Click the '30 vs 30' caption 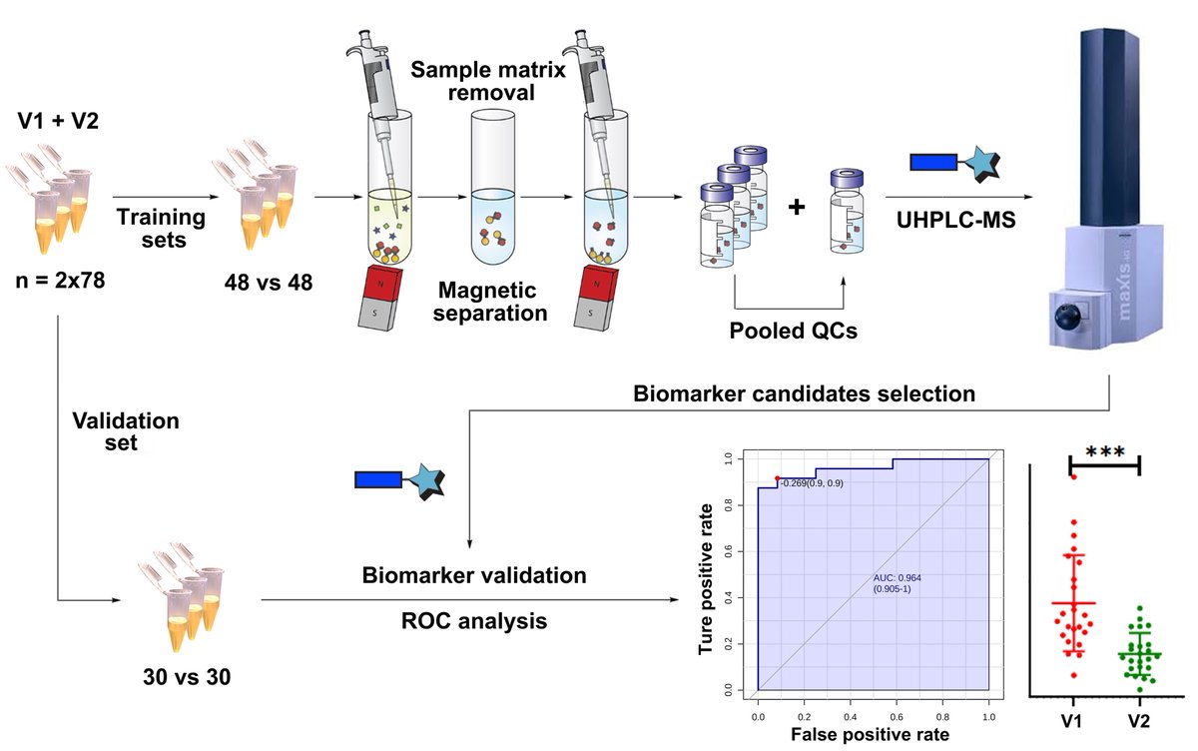[x=186, y=676]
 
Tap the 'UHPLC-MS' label [x=955, y=220]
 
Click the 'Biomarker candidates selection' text [x=804, y=394]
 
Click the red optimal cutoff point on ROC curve [x=777, y=479]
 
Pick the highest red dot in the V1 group [x=1074, y=476]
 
